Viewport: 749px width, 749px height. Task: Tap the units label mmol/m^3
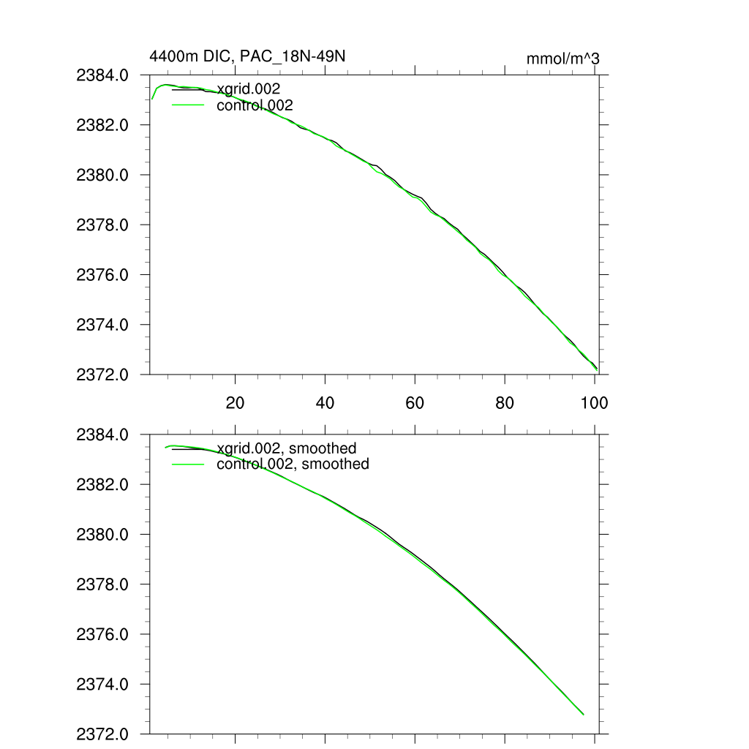pyautogui.click(x=562, y=59)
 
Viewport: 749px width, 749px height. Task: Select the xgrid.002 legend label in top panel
pyautogui.click(x=249, y=89)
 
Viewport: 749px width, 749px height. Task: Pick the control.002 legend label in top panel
pyautogui.click(x=255, y=105)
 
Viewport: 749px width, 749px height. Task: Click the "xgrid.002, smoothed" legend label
pyautogui.click(x=287, y=448)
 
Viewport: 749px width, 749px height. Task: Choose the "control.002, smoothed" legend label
pyautogui.click(x=293, y=464)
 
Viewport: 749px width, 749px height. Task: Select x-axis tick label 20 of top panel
pyautogui.click(x=236, y=402)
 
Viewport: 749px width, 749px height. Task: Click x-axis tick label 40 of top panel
pyautogui.click(x=325, y=402)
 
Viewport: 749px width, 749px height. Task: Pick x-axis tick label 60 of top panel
pyautogui.click(x=415, y=402)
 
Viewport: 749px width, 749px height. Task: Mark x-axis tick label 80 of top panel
pyautogui.click(x=505, y=402)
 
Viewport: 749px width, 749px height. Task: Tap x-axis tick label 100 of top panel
pyautogui.click(x=594, y=402)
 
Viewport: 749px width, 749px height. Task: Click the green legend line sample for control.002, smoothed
pyautogui.click(x=187, y=464)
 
